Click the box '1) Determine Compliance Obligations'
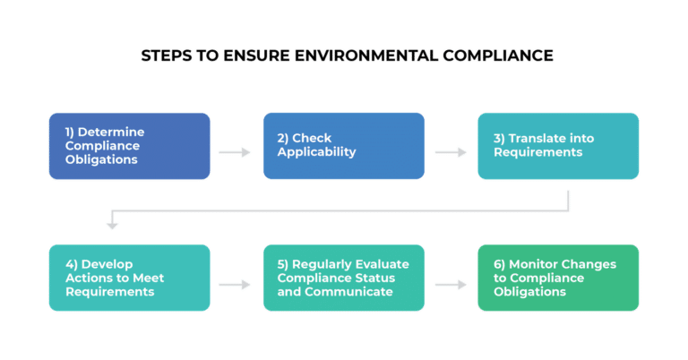click(129, 145)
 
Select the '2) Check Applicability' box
click(343, 145)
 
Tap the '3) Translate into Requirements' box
click(557, 145)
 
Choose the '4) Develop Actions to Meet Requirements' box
click(129, 277)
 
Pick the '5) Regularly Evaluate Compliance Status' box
click(343, 277)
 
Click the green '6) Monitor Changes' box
click(557, 277)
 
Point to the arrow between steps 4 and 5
click(235, 285)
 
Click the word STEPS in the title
click(165, 56)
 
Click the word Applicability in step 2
click(317, 152)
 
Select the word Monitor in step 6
click(532, 264)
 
